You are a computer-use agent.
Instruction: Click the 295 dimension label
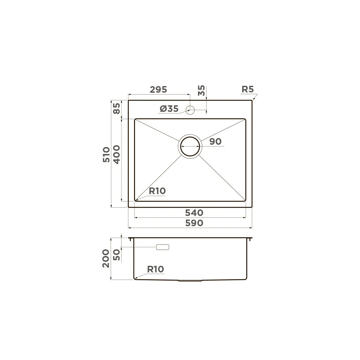click(x=158, y=90)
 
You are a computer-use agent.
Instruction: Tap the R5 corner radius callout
click(x=248, y=89)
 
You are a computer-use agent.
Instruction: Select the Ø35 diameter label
click(x=169, y=109)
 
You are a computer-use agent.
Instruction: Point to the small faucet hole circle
click(x=190, y=109)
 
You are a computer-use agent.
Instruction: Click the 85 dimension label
click(x=117, y=109)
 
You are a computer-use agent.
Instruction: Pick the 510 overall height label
click(x=106, y=155)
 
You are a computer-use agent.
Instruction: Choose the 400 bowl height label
click(x=117, y=155)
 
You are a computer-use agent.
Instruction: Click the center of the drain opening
click(x=190, y=146)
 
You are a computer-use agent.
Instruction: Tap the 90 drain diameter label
click(x=215, y=142)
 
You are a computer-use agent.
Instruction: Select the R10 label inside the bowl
click(x=157, y=191)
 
